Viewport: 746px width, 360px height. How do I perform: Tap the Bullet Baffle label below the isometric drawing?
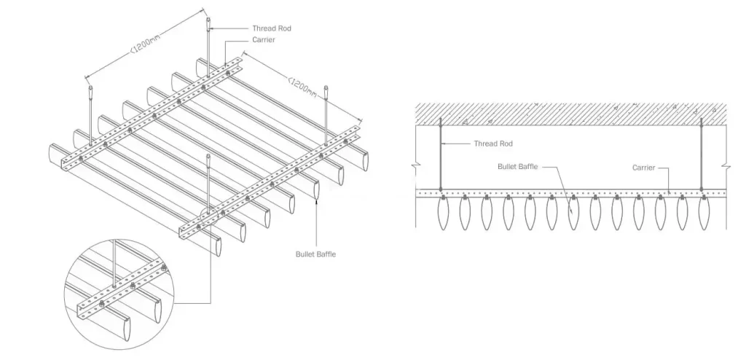315,254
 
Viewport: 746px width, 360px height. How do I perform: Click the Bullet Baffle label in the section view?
517,166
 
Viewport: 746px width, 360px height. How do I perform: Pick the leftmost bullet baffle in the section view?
442,214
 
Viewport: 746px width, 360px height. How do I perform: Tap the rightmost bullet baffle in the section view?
702,214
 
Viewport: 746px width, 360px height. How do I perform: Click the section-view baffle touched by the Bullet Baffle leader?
573,214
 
